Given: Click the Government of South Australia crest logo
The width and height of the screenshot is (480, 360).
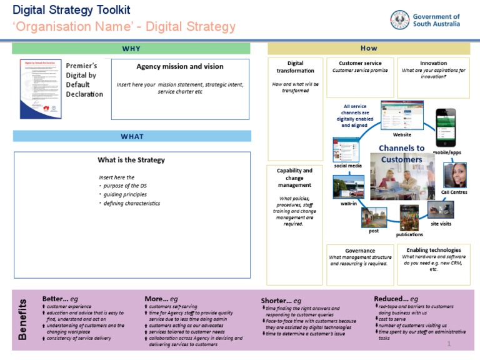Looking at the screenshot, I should point(400,20).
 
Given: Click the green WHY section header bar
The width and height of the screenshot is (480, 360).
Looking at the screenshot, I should point(131,49).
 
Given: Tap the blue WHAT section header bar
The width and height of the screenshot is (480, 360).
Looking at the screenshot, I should point(132,136).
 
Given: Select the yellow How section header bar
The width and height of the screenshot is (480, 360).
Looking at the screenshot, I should point(369,49).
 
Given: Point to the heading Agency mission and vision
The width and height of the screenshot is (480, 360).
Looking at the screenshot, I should point(180,66).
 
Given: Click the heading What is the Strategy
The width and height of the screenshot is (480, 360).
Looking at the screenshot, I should point(131,160).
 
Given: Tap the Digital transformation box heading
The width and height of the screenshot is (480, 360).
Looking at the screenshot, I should point(296,67).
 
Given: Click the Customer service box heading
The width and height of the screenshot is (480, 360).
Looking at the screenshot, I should point(360,63).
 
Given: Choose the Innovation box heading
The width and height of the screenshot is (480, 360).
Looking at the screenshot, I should point(433,63).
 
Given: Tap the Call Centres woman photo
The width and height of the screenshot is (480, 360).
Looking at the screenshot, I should point(455,175).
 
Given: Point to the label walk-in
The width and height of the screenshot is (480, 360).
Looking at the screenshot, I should point(349,204).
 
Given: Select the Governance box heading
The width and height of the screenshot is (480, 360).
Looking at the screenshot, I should point(360,251).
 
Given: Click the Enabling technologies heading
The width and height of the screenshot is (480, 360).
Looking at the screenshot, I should point(433,250).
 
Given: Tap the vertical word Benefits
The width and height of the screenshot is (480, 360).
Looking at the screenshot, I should point(22,319).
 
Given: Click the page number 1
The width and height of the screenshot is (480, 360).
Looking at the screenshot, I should point(449,344).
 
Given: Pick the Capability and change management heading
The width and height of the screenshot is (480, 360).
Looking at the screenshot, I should point(294,178).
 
